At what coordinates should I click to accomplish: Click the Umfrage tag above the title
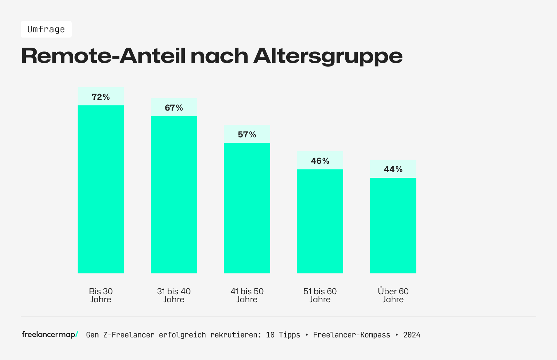46,29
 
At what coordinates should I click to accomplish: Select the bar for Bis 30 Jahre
101,189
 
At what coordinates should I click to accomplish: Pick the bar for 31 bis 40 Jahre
174,195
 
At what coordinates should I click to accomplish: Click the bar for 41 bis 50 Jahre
247,208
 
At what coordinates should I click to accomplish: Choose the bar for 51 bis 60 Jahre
320,221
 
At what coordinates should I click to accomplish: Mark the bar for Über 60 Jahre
393,225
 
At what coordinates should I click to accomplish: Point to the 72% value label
101,97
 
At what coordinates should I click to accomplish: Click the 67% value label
174,108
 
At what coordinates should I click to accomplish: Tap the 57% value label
247,135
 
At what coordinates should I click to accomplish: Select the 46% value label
320,161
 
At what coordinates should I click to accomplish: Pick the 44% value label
393,169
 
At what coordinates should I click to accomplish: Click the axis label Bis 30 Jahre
101,295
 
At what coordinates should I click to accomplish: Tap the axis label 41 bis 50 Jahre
247,295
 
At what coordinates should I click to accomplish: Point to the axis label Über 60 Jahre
393,295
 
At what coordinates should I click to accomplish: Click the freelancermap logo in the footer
50,335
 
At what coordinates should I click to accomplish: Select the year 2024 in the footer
411,335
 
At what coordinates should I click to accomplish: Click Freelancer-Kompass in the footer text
352,335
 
